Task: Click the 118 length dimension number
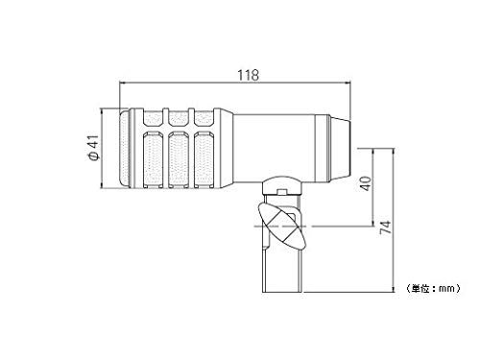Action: [248, 75]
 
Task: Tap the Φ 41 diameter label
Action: [93, 148]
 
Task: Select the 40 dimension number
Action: [366, 183]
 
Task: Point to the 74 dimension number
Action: [385, 228]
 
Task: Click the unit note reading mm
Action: [433, 288]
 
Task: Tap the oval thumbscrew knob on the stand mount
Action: [281, 226]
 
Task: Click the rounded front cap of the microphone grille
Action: [125, 148]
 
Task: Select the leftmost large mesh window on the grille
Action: [153, 159]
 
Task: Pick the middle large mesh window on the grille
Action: [179, 159]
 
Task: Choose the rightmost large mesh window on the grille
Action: [204, 159]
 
